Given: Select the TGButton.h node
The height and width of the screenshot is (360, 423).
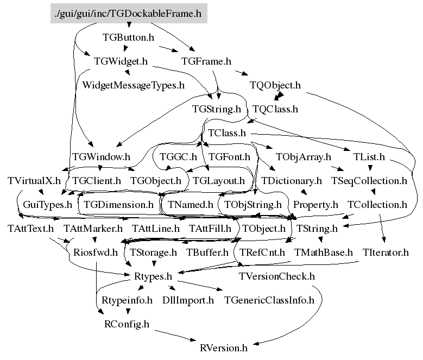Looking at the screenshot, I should (x=128, y=37).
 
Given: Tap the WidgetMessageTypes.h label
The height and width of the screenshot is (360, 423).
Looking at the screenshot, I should (x=133, y=85).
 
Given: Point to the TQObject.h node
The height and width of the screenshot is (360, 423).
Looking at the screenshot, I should (x=275, y=85).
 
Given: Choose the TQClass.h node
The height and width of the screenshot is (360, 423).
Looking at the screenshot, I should (x=275, y=109).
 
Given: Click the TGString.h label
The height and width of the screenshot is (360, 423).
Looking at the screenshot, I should (x=216, y=109).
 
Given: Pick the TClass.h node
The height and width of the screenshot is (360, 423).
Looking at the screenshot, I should (x=227, y=132).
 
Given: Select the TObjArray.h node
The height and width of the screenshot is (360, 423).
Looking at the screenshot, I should (x=304, y=157).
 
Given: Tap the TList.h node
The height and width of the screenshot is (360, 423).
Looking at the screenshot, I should (x=369, y=157).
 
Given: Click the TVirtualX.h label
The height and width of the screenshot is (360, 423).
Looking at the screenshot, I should (x=34, y=180).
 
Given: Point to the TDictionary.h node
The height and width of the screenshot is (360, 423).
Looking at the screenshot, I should (x=292, y=180).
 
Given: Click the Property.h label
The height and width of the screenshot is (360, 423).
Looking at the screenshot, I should (x=315, y=205).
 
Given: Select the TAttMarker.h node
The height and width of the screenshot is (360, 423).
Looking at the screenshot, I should (x=93, y=229).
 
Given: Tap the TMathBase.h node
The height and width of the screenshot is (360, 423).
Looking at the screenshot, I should (x=323, y=252).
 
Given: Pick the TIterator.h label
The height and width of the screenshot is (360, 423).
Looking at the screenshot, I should (x=386, y=252).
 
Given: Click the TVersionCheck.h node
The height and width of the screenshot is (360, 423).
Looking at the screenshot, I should (x=276, y=276).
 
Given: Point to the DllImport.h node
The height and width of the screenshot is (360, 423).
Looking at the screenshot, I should (x=188, y=300).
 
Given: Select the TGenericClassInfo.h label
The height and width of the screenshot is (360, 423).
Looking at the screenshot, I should (x=269, y=300).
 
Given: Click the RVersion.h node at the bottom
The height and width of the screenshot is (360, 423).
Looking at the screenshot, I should (x=224, y=348).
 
